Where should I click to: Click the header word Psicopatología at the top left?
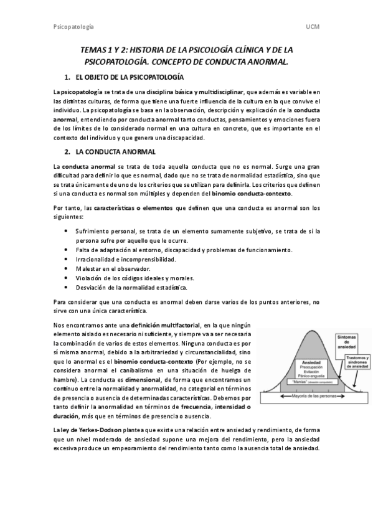[x=73, y=27]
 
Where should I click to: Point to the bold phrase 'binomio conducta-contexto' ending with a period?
[x=251, y=194]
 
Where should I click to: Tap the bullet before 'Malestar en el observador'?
[x=67, y=268]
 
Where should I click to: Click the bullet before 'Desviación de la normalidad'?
[x=67, y=287]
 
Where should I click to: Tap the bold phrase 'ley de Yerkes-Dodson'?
[x=87, y=430]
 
